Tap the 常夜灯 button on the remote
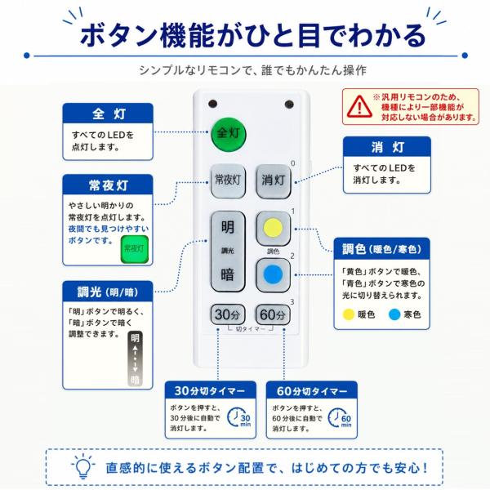tap(228, 180)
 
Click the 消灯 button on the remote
tap(274, 181)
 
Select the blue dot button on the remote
tap(273, 275)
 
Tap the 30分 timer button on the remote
tap(228, 314)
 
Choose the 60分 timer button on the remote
tap(273, 314)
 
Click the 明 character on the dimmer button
tap(228, 227)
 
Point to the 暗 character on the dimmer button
tap(228, 274)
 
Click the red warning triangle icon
tap(359, 106)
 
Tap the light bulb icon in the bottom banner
tap(83, 467)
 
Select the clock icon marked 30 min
tap(238, 417)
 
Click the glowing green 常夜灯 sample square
tap(135, 249)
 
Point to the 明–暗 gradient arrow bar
tap(135, 359)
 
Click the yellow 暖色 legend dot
tap(349, 314)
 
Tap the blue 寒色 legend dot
tap(394, 314)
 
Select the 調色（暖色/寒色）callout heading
tap(381, 249)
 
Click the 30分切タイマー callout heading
tap(211, 390)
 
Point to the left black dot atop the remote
tap(212, 104)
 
